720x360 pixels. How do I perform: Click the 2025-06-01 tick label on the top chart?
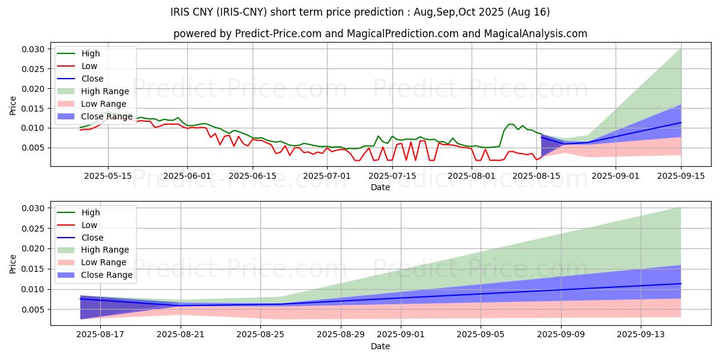pyautogui.click(x=187, y=176)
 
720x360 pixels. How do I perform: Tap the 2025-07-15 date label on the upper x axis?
pyautogui.click(x=392, y=176)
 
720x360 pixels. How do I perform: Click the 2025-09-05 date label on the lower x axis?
pyautogui.click(x=481, y=335)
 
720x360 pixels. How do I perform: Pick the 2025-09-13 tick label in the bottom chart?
pyautogui.click(x=641, y=335)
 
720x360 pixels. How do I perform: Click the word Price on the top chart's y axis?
pyautogui.click(x=13, y=106)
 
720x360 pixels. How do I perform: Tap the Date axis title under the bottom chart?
pyautogui.click(x=380, y=346)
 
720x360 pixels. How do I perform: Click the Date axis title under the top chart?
pyautogui.click(x=380, y=187)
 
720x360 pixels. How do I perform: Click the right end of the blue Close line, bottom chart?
pyautogui.click(x=681, y=283)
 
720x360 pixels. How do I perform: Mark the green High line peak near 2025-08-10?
pyautogui.click(x=510, y=124)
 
